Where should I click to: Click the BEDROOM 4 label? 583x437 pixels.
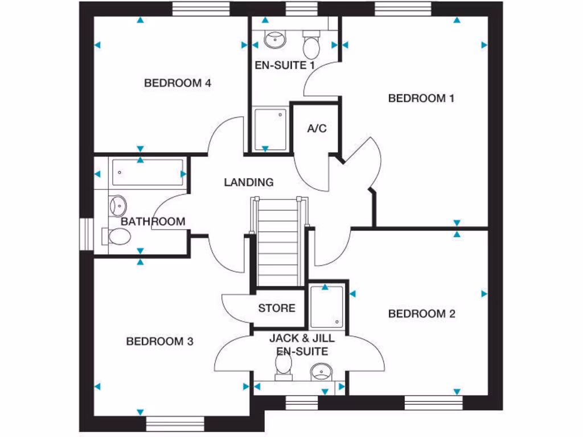point(178,83)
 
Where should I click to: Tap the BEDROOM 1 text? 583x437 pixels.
point(421,98)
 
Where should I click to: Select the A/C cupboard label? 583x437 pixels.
point(317,129)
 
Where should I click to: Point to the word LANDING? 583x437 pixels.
point(248,183)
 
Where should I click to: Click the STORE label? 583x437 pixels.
point(277,308)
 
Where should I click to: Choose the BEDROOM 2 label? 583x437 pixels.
point(421,314)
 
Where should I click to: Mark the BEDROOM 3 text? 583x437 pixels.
point(159,341)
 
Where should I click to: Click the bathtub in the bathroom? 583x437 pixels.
point(147,173)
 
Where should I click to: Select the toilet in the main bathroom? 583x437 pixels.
point(117,236)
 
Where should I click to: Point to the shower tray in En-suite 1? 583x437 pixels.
point(270,129)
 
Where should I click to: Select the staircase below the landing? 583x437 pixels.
point(279,242)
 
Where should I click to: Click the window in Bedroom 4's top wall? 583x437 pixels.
point(200,9)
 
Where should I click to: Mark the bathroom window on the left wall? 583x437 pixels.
point(86,234)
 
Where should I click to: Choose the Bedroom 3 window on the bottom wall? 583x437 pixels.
point(175,424)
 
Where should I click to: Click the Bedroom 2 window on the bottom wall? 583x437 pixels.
point(433,403)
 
